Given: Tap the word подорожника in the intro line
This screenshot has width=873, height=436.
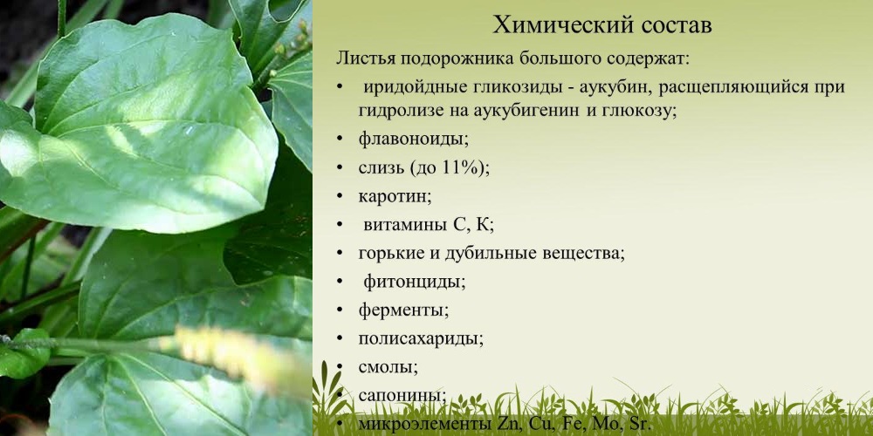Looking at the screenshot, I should coord(455,59).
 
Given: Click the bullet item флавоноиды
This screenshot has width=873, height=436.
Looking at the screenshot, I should coord(413,139).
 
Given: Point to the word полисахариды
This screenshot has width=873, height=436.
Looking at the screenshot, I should coord(421,337).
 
